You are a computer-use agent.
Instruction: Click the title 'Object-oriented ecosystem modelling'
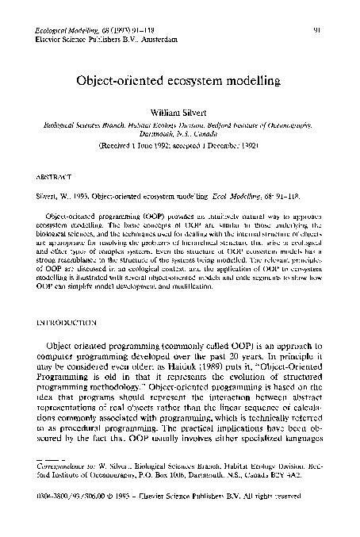point(180,82)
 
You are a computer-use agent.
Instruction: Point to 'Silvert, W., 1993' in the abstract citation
point(69,194)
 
